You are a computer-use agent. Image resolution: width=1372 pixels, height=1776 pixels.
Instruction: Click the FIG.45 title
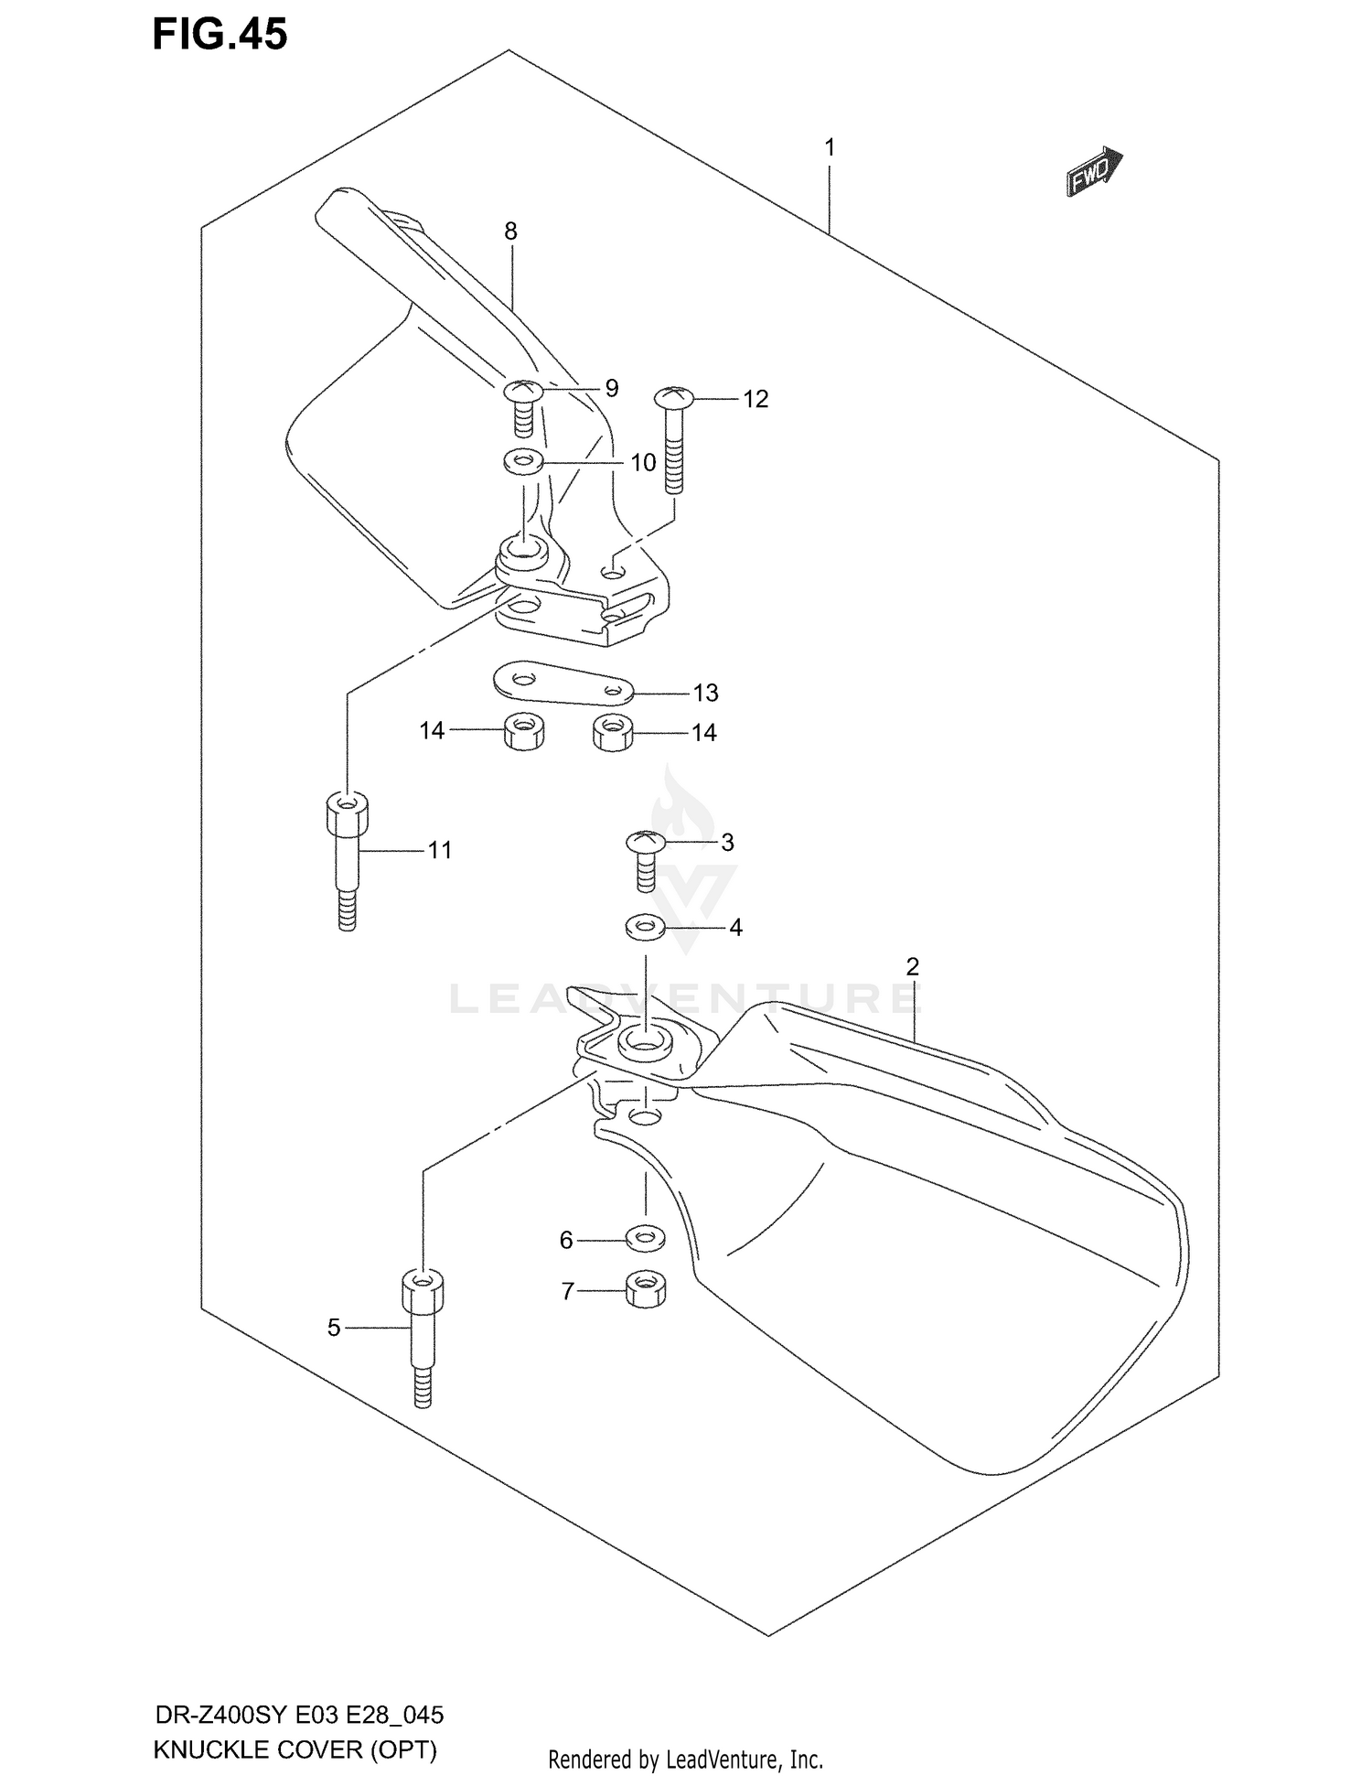(x=220, y=34)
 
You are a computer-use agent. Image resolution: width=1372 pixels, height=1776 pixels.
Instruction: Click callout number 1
(x=829, y=147)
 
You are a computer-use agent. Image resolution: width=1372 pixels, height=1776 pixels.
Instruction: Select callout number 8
(x=510, y=231)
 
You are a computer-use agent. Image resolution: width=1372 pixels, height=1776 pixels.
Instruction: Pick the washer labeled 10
(x=524, y=461)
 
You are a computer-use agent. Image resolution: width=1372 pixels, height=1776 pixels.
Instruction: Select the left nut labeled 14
(x=523, y=732)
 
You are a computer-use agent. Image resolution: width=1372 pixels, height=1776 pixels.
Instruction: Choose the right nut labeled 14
(x=613, y=732)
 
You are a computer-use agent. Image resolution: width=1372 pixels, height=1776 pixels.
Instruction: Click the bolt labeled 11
(x=347, y=860)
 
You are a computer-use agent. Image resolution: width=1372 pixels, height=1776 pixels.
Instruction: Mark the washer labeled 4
(x=646, y=928)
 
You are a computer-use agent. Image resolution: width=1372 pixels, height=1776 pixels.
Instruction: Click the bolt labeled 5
(x=423, y=1337)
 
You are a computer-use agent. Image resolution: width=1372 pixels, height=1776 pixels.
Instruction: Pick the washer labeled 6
(x=646, y=1239)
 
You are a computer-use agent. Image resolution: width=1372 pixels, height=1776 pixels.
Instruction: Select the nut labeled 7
(x=646, y=1290)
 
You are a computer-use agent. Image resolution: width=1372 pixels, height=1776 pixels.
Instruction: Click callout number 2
(x=912, y=966)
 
